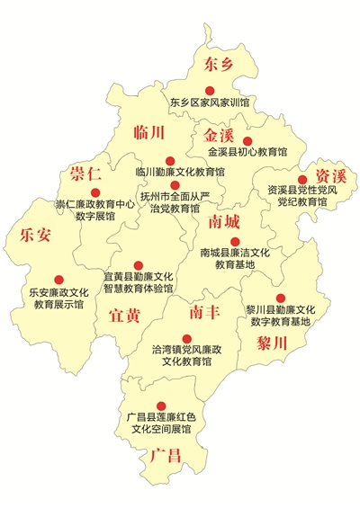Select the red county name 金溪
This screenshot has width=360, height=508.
pyautogui.click(x=220, y=135)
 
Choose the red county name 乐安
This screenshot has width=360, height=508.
pyautogui.click(x=34, y=236)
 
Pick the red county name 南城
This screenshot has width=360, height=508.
pyautogui.click(x=224, y=220)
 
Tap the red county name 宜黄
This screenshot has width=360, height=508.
pyautogui.click(x=124, y=315)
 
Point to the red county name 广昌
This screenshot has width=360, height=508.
pyautogui.click(x=166, y=456)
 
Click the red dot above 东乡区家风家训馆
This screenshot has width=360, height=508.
pyautogui.click(x=209, y=90)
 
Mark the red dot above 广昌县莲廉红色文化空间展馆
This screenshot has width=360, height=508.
pyautogui.click(x=161, y=406)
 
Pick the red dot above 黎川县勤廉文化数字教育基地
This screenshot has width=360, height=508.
pyautogui.click(x=280, y=298)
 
